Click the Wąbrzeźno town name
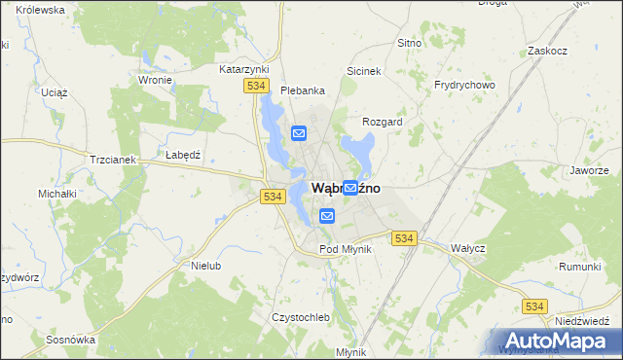tap(345, 188)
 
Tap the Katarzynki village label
tap(242, 70)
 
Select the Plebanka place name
tap(302, 90)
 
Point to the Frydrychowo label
tap(464, 85)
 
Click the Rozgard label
tap(382, 122)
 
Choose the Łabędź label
tap(182, 155)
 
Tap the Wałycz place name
tap(467, 248)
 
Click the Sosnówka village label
tap(70, 340)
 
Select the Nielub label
tap(207, 265)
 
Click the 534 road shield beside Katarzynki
tap(256, 87)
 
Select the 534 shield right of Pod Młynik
tap(404, 237)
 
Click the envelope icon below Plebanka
tap(299, 133)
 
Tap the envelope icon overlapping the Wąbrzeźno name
tap(349, 187)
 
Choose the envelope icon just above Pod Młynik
tap(327, 216)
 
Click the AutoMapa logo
tap(558, 340)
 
